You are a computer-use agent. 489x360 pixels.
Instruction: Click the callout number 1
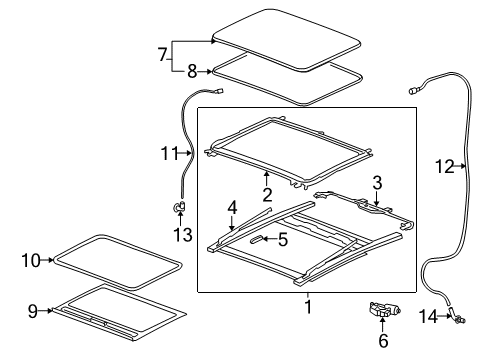pos(307,308)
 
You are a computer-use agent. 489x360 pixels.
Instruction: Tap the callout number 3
pos(377,183)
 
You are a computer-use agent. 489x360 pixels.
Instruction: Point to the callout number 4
pos(232,207)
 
